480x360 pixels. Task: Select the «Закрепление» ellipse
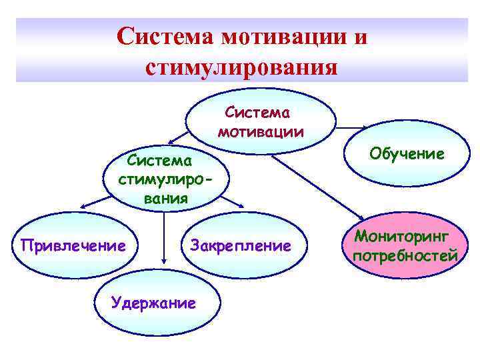(241, 246)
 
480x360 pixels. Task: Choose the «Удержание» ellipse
(153, 303)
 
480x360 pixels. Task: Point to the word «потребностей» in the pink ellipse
(405, 256)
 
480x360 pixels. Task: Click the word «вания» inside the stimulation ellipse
(165, 198)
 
